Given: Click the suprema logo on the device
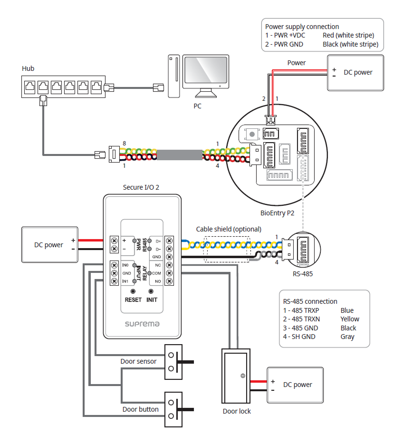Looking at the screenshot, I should pos(142,324).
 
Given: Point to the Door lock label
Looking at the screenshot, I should pos(237,411).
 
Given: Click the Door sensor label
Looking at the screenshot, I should pos(138,361).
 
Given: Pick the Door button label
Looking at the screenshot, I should pos(140,409).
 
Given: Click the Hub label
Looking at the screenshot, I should pos(28,68).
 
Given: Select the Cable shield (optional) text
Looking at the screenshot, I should pos(229,229).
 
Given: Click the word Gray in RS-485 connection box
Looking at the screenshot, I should pos(347,337).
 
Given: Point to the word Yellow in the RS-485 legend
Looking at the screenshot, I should pos(350,319).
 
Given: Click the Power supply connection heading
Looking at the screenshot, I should pos(302,27).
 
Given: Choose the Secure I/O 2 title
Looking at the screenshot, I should pos(141,187).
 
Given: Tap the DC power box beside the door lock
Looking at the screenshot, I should pos(295,385).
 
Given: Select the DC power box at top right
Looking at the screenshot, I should pos(355,73).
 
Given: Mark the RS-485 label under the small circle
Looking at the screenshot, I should pos(303,274).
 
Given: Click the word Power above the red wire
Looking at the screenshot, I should pos(297,63).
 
